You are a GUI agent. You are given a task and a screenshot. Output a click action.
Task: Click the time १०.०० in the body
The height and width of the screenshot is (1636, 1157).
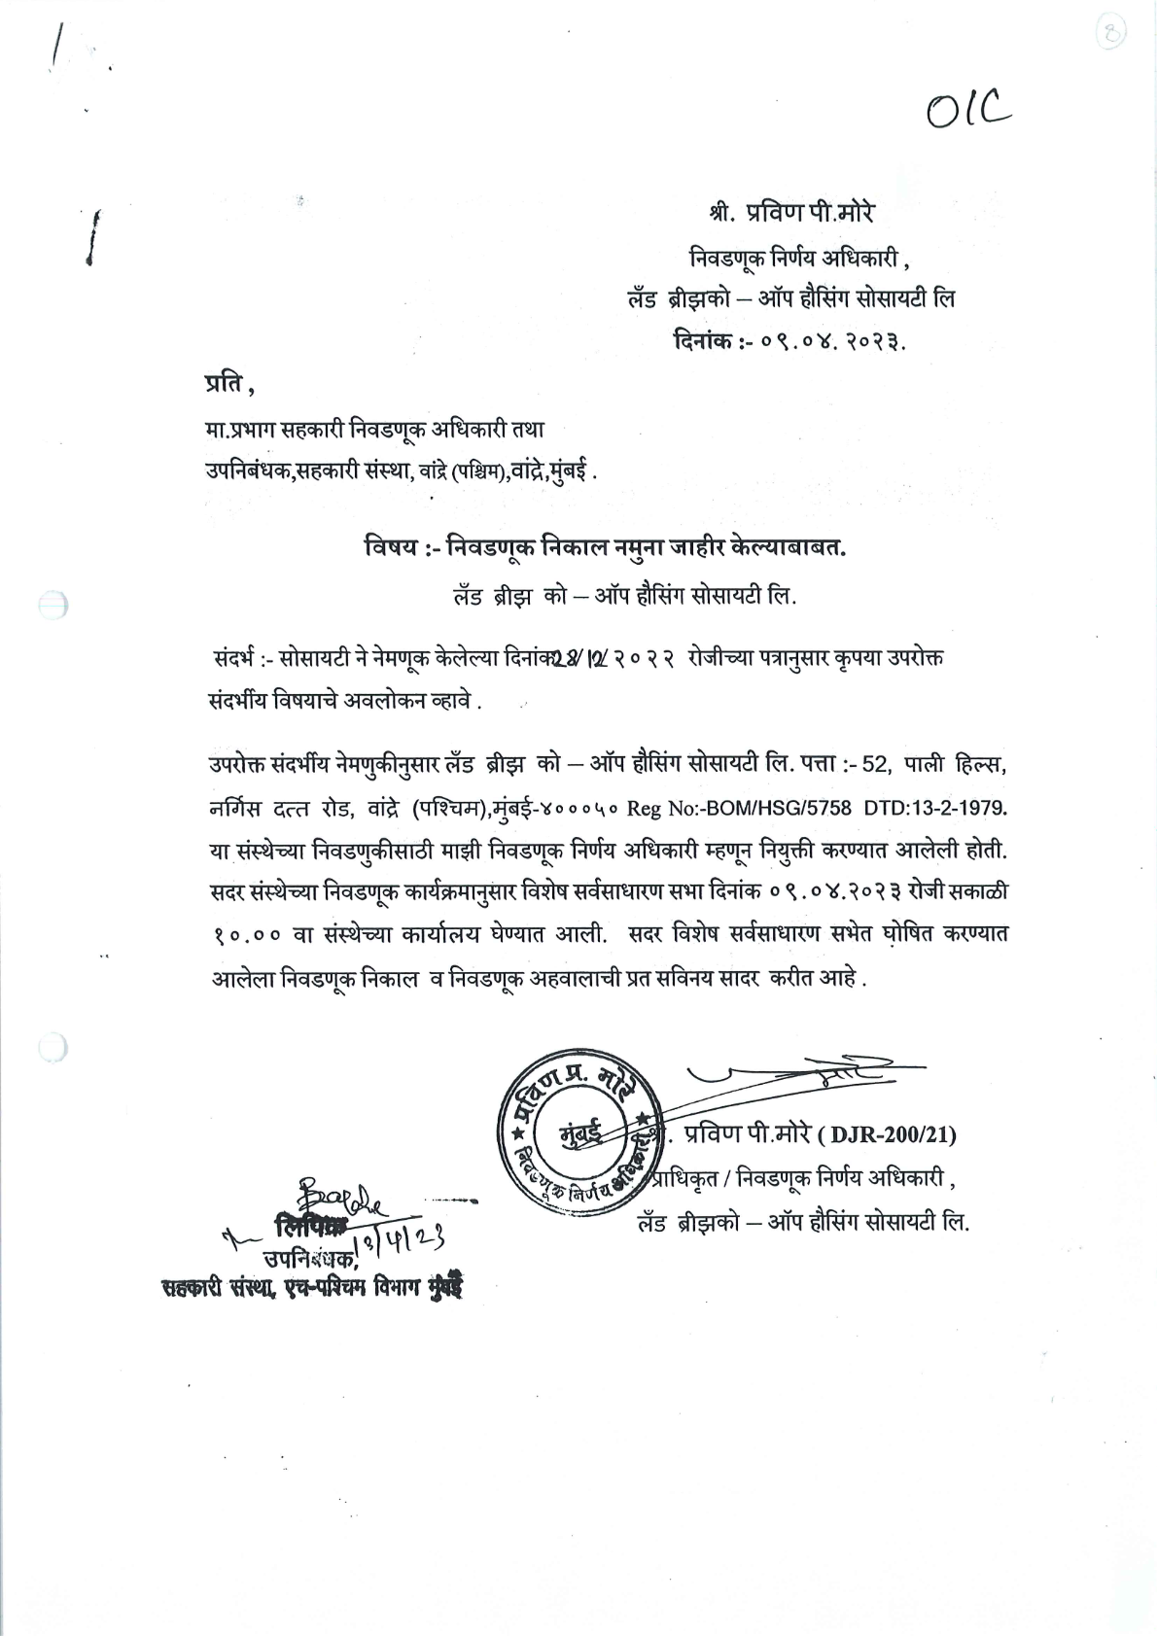[x=247, y=934]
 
